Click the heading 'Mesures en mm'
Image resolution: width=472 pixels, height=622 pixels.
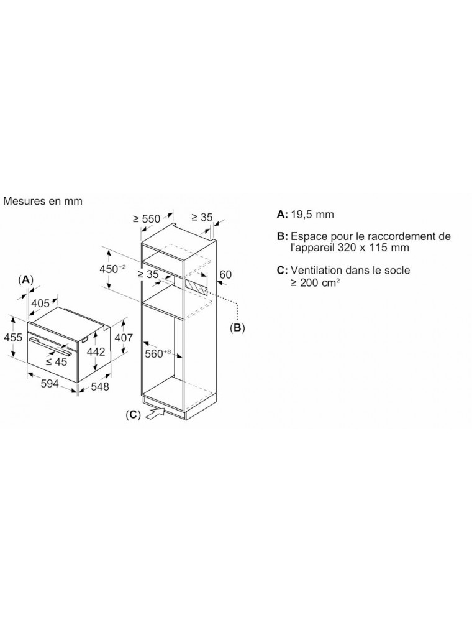(43, 201)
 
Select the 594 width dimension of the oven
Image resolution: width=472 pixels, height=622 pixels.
(50, 384)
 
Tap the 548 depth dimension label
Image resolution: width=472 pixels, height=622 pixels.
(100, 386)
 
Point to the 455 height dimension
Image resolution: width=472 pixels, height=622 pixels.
(12, 337)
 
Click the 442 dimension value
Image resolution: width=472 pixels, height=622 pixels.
(96, 352)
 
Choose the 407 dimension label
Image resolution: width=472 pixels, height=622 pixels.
(123, 338)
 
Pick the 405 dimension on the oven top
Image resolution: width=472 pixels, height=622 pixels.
(40, 304)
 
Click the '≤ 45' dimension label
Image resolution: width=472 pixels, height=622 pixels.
(57, 362)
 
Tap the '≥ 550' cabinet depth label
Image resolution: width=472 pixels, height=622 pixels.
(147, 218)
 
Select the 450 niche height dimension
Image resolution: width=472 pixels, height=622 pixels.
(112, 269)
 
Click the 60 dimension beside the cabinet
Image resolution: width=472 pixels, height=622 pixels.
(225, 274)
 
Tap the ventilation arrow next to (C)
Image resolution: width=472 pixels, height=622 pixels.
(155, 413)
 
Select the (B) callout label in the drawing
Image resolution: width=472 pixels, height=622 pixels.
(237, 328)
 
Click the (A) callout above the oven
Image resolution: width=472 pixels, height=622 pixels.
(25, 279)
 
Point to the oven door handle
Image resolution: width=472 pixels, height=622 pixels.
(50, 345)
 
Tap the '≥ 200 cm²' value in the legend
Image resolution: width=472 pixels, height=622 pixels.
(315, 282)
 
